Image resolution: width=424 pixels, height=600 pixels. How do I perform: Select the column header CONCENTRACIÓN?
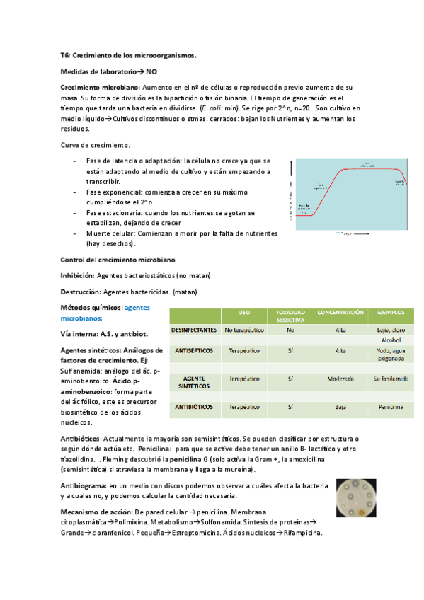[340, 312]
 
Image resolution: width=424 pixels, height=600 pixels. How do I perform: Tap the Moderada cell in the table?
[340, 379]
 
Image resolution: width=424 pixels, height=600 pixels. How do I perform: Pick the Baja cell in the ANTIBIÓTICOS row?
[340, 407]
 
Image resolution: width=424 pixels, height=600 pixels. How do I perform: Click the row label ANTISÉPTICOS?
[193, 350]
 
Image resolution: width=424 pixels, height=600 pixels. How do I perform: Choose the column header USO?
[244, 312]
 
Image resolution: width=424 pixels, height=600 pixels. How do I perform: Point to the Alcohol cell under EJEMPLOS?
[391, 340]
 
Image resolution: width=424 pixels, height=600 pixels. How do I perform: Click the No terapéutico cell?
[244, 330]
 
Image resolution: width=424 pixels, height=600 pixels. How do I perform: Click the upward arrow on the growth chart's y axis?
[290, 165]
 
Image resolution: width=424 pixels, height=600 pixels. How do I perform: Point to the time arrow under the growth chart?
[343, 231]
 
